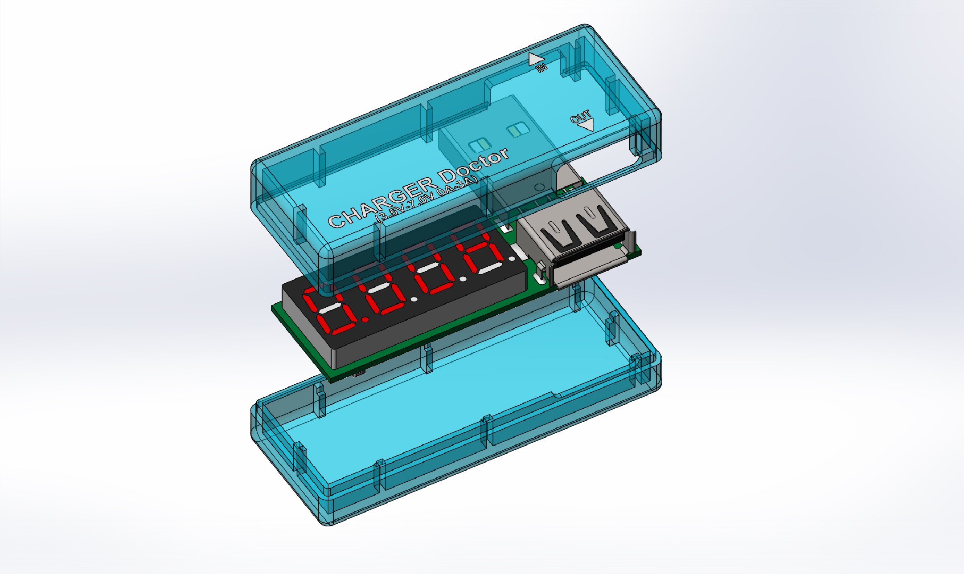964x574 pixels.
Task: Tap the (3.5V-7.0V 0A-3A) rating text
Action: (x=427, y=199)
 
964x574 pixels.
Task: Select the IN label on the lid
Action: (x=541, y=67)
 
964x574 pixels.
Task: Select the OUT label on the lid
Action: (x=580, y=117)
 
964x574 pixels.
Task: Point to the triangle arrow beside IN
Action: (x=535, y=59)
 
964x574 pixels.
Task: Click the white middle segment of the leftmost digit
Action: (x=330, y=308)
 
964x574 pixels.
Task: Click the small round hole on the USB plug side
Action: (x=539, y=187)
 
